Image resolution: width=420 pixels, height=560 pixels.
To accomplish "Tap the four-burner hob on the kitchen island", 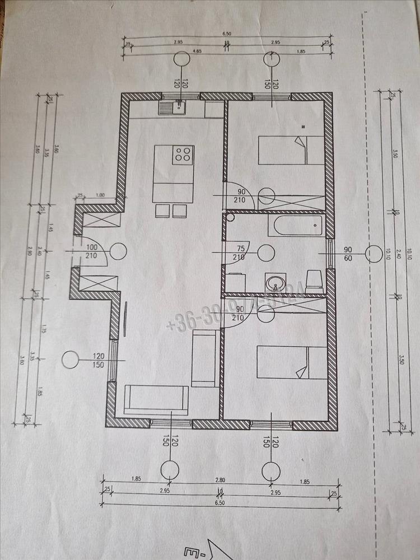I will (183, 153).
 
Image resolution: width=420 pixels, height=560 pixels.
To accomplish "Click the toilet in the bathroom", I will (314, 279).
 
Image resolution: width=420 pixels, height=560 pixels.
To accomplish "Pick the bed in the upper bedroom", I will (291, 150).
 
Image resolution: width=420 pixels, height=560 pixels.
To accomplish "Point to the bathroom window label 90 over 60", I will (348, 253).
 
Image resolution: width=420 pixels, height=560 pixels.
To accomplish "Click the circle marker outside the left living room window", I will (71, 360).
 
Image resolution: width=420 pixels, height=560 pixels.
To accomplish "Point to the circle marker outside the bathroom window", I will (373, 254).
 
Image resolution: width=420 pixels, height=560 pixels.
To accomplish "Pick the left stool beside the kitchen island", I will (162, 211).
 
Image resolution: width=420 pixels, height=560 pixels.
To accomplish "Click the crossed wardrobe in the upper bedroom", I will (291, 202).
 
